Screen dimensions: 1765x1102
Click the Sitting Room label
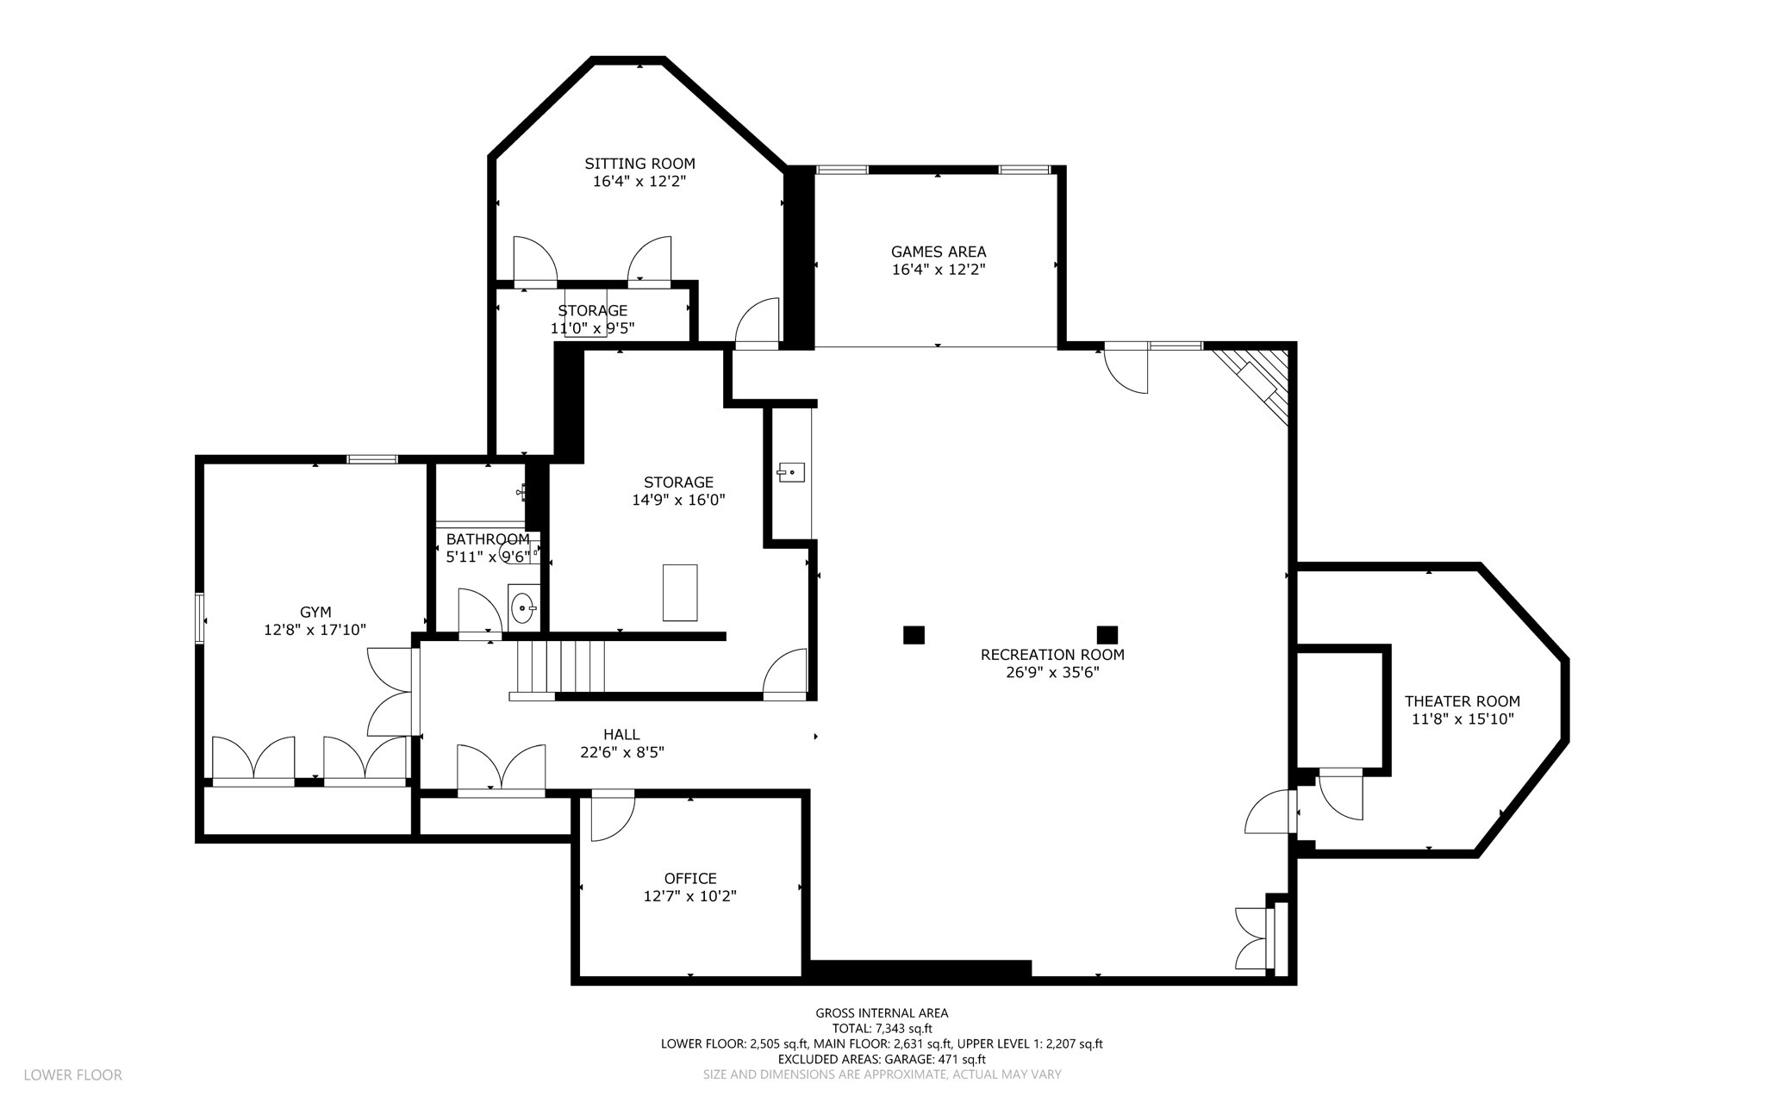tap(639, 164)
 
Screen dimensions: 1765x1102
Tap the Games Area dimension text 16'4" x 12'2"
tap(939, 270)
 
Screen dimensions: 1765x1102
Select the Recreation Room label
tap(1052, 655)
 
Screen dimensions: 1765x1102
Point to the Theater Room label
tap(1463, 701)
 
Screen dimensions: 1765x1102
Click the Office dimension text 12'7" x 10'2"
tap(690, 896)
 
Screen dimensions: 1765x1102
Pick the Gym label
tap(315, 613)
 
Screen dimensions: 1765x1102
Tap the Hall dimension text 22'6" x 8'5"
tap(622, 752)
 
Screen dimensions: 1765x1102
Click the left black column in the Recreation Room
tap(914, 635)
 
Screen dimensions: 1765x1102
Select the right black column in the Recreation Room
tap(1107, 635)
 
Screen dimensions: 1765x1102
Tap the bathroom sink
tap(522, 607)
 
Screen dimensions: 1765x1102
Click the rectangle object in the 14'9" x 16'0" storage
tap(680, 593)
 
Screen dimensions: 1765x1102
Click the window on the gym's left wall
tap(201, 618)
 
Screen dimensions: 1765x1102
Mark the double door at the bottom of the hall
tap(501, 770)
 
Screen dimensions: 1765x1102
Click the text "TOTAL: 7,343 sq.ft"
tap(882, 1029)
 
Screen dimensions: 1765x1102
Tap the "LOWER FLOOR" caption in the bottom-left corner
tap(73, 1075)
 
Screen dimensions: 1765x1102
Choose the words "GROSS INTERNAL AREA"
tap(882, 1013)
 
